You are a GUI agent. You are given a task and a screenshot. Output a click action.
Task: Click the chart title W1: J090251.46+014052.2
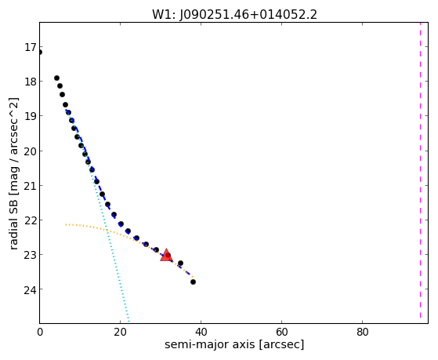(x=234, y=14)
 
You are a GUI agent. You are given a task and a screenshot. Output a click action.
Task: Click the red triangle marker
(x=166, y=255)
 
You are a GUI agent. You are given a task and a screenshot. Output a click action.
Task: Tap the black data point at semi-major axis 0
(x=40, y=53)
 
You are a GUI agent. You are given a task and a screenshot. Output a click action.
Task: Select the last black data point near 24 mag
(x=193, y=282)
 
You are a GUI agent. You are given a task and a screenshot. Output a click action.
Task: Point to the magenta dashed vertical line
(x=420, y=170)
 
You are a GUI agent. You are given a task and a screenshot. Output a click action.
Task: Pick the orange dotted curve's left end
(x=66, y=224)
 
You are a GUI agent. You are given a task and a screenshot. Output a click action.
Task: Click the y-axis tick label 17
(x=30, y=47)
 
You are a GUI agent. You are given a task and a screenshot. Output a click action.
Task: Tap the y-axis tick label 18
(x=30, y=82)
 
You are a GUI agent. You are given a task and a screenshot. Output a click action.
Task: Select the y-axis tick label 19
(x=30, y=116)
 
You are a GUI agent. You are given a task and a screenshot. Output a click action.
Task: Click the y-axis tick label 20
(x=30, y=151)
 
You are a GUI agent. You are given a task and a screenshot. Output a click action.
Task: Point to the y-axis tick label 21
(x=30, y=186)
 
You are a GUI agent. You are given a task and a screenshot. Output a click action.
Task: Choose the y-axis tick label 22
(x=30, y=220)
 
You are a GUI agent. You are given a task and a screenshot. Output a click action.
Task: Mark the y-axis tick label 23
(x=30, y=255)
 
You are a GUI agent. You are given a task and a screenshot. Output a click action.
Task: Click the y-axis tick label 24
(x=30, y=289)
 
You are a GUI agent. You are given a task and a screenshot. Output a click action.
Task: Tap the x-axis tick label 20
(x=120, y=332)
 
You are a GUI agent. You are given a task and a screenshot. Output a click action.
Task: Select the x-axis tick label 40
(x=201, y=332)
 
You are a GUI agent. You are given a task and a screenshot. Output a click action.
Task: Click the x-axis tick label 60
(x=281, y=332)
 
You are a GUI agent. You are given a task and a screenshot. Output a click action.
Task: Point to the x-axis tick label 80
(x=362, y=332)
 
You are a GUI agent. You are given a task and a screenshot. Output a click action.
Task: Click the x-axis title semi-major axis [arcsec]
(x=234, y=344)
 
